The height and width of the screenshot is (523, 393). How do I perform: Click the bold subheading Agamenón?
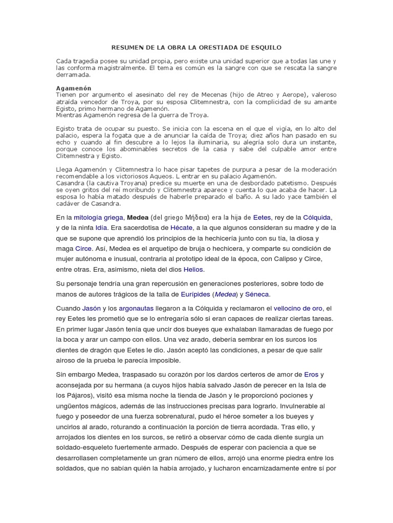(74, 88)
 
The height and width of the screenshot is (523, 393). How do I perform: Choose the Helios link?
(194, 269)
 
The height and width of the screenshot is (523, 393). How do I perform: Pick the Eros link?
(311, 374)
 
